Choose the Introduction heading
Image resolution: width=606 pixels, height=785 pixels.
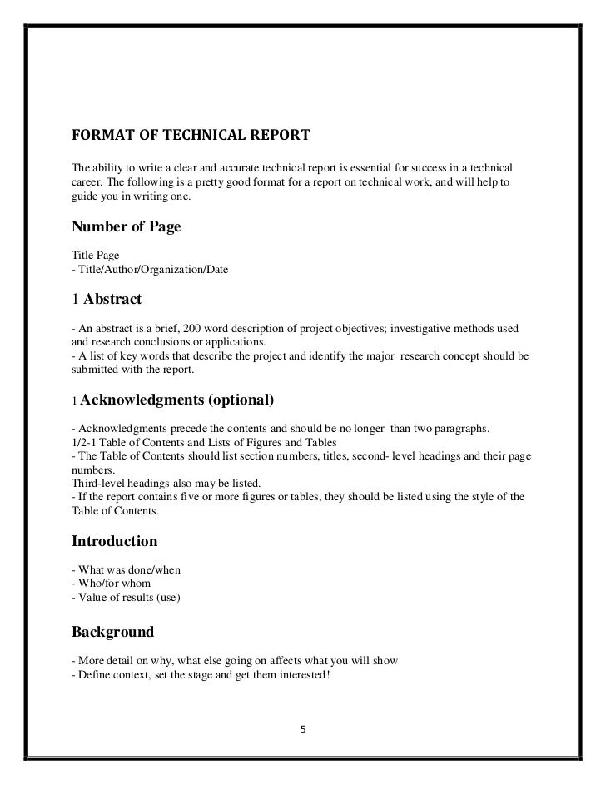coord(115,541)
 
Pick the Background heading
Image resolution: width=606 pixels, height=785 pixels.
coord(113,632)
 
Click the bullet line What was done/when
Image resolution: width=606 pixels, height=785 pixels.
coord(127,569)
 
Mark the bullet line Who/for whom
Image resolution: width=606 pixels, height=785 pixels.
coord(113,584)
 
